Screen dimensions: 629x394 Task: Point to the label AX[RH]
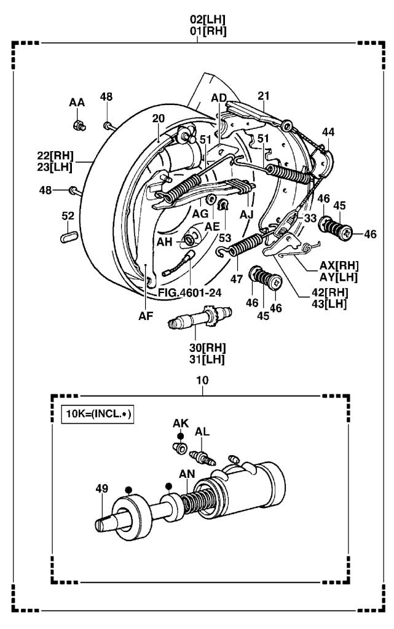pyautogui.click(x=339, y=265)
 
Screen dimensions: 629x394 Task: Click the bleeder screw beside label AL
pyautogui.click(x=203, y=458)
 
